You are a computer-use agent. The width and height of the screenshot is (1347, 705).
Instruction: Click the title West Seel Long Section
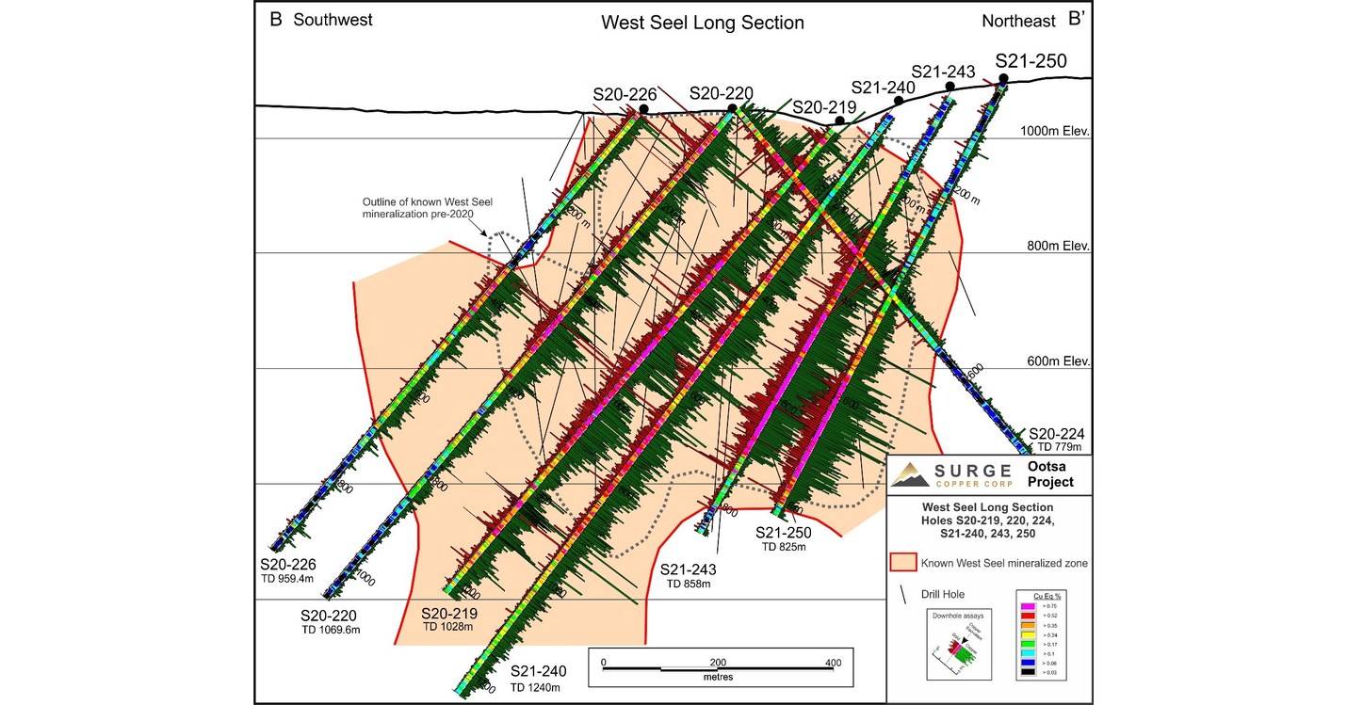703,23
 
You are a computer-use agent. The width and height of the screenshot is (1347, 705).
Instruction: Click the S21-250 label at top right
1031,61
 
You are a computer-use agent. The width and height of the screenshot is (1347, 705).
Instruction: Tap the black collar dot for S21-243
949,87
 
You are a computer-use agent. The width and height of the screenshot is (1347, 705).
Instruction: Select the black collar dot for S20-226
642,110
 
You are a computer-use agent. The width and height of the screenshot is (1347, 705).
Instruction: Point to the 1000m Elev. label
1055,132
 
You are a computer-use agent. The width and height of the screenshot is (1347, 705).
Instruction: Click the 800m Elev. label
1058,246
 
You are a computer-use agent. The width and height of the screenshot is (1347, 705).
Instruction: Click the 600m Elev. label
1058,361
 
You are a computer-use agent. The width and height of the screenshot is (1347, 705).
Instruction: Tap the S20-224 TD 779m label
1056,440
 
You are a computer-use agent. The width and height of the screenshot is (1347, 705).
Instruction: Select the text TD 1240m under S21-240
538,687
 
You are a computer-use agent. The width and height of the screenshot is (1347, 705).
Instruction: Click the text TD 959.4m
288,579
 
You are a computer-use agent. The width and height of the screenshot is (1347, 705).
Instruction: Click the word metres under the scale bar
718,676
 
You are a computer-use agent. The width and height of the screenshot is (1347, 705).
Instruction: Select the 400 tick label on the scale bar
833,663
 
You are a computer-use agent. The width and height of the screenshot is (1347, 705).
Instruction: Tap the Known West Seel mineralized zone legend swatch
903,563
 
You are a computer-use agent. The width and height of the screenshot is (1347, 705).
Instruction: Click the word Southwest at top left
333,20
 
